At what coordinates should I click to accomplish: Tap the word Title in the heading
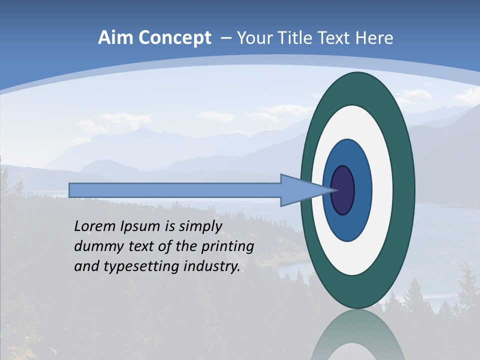(x=309, y=38)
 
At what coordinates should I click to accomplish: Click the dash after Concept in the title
(x=225, y=38)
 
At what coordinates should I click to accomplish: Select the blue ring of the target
(x=362, y=190)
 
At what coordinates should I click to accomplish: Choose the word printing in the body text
(x=229, y=247)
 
